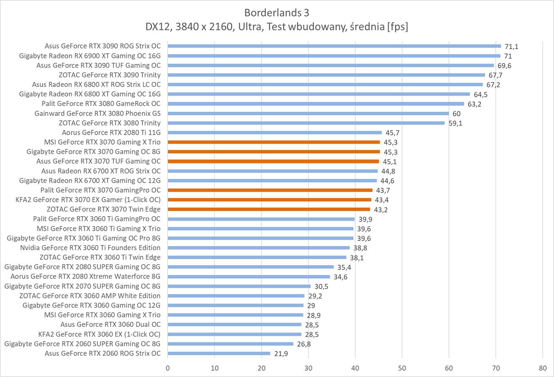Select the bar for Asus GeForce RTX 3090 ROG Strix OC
tap(334, 46)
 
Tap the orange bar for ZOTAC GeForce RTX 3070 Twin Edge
tap(268, 209)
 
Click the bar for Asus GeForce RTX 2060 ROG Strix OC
tap(219, 354)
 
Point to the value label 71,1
tap(512, 47)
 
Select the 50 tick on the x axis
tap(402, 368)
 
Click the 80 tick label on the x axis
tap(542, 368)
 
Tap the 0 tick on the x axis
tap(167, 368)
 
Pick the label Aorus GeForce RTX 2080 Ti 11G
tap(111, 133)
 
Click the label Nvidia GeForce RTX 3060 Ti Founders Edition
tap(90, 248)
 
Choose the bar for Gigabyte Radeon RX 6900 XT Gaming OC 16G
tap(334, 56)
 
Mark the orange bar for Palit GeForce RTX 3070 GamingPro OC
tap(270, 190)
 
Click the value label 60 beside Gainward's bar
tap(456, 114)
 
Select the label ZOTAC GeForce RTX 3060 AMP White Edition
tap(90, 296)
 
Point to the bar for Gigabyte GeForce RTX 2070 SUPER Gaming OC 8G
tap(239, 286)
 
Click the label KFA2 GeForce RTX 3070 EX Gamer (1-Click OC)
tap(88, 200)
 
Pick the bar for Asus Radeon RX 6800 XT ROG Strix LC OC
tap(325, 84)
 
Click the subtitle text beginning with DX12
tap(277, 27)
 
